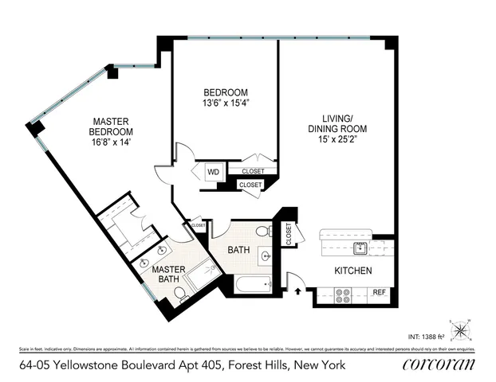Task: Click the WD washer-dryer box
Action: pos(214,171)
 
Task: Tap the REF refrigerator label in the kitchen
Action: pos(380,293)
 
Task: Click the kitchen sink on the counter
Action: pos(360,247)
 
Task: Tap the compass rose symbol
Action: pos(461,329)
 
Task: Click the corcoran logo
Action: pos(439,365)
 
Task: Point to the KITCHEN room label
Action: pos(353,271)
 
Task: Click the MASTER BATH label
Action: pos(169,274)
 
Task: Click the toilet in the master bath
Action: pos(180,296)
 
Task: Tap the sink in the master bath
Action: pos(146,263)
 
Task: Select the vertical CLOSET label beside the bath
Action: pos(289,233)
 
